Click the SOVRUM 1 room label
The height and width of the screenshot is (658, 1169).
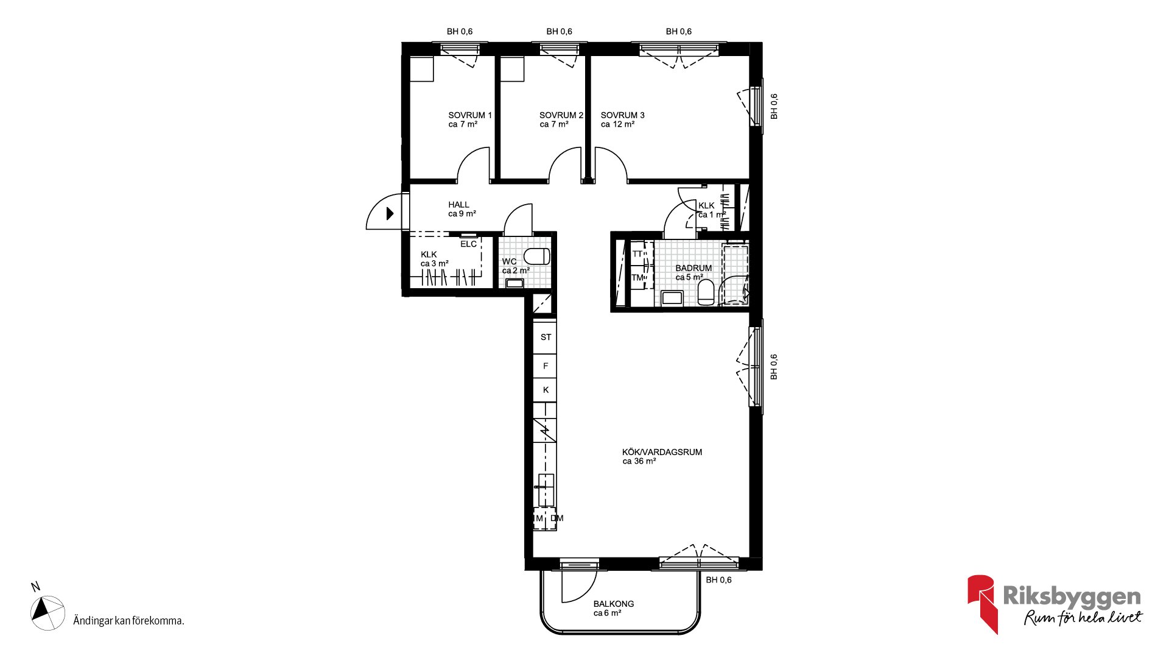click(470, 115)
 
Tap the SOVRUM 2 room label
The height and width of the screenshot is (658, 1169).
click(561, 115)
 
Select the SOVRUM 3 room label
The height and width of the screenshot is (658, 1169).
click(622, 115)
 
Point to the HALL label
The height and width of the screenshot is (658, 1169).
click(458, 205)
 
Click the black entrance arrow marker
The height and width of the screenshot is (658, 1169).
click(390, 213)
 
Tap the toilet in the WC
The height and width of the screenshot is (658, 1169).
click(537, 256)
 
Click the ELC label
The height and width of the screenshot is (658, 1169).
click(468, 244)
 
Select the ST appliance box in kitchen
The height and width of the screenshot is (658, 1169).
click(546, 337)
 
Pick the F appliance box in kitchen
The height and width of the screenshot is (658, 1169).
click(546, 366)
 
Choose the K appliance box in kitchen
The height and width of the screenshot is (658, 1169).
click(546, 390)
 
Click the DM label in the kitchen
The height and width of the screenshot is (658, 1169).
click(557, 518)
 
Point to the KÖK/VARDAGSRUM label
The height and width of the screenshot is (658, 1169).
click(662, 452)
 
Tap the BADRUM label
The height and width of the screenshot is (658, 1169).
click(693, 268)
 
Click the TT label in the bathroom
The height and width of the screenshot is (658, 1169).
click(637, 254)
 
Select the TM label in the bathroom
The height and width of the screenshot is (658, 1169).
click(637, 278)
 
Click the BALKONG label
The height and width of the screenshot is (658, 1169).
click(614, 604)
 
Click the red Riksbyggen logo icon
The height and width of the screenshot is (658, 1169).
click(983, 604)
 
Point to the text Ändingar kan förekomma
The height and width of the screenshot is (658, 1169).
click(128, 621)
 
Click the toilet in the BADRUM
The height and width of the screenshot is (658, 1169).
click(706, 292)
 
